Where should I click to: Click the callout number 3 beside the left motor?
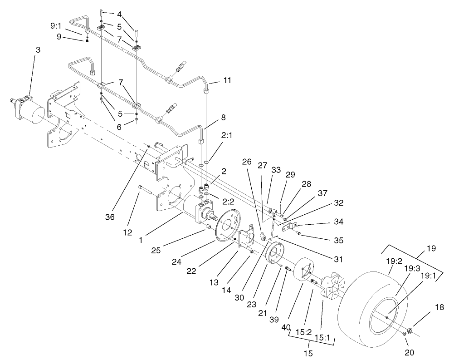pyautogui.click(x=38, y=50)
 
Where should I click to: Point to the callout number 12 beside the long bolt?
pyautogui.click(x=128, y=233)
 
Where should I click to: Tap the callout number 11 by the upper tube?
pyautogui.click(x=227, y=81)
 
